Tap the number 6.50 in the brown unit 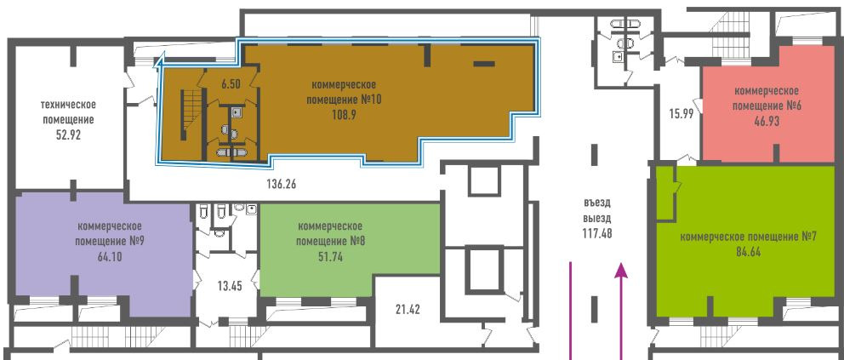pos(231,83)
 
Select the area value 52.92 pos(68,135)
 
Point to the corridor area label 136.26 pos(282,184)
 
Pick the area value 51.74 pos(330,257)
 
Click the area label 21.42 pos(408,310)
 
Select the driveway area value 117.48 pos(597,233)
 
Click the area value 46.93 pos(767,122)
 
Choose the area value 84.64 pos(748,253)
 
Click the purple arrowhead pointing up pos(622,270)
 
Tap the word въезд pos(597,203)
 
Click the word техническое pos(68,104)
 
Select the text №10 pos(371,100)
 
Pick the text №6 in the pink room pos(794,106)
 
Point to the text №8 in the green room pos(357,241)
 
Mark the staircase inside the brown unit pos(192,115)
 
